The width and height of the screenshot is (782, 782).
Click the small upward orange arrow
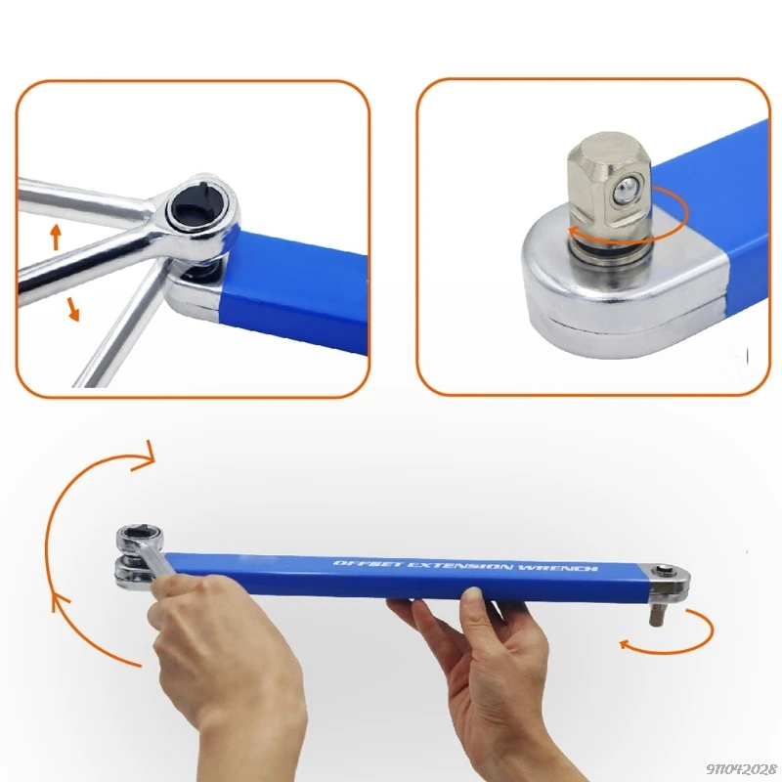point(56,235)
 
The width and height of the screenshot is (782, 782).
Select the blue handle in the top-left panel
point(293,283)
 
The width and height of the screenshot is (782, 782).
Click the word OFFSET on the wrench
point(358,565)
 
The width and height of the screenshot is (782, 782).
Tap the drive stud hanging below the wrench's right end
point(656,614)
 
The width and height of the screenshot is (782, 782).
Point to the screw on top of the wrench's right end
point(667,574)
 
